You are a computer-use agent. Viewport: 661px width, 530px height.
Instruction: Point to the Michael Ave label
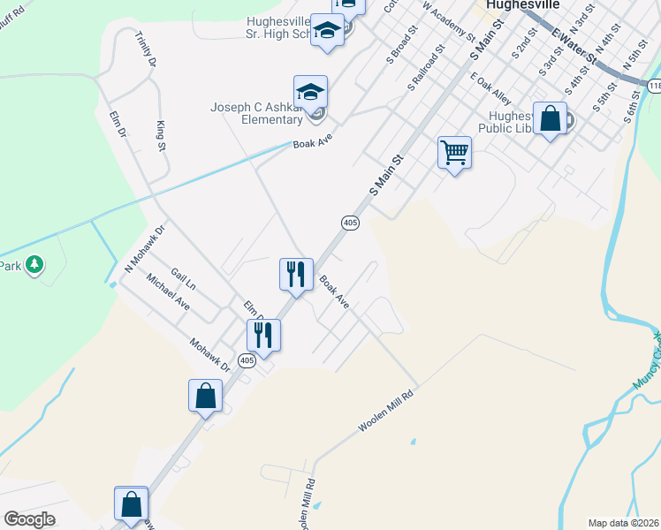168,291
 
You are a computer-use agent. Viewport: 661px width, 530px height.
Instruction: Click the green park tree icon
34,264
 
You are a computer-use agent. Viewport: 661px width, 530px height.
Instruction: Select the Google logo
29,519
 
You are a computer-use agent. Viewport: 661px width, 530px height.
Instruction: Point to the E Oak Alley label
491,89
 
